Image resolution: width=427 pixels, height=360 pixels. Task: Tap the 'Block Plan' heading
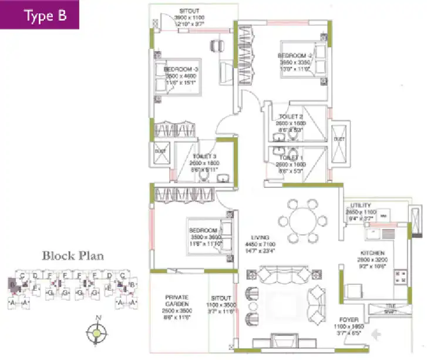coord(72,255)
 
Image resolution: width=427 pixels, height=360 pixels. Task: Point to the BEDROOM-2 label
coord(294,56)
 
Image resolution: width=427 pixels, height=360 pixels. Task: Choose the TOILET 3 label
coord(205,156)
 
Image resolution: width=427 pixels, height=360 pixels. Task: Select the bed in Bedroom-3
coord(178,79)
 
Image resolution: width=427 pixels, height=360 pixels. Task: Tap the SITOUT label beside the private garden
coord(221,299)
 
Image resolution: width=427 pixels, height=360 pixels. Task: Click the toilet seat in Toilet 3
coord(204,174)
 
